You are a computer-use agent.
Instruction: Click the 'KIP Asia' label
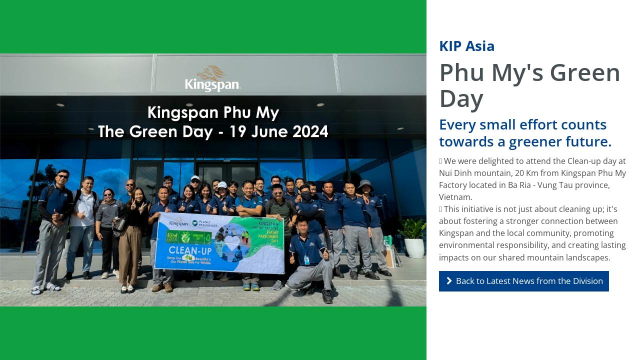tap(466, 46)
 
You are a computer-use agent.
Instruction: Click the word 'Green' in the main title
tap(585, 73)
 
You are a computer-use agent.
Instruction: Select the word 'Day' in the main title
tap(461, 98)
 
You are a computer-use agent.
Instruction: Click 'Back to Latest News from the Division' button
tap(523, 281)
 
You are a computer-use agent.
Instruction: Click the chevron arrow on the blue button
tap(449, 281)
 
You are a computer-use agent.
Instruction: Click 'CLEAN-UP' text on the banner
tap(189, 250)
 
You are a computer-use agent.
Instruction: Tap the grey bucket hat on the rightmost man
tap(365, 184)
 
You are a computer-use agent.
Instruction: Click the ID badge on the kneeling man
tap(306, 259)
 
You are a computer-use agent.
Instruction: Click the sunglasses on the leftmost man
tap(62, 176)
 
